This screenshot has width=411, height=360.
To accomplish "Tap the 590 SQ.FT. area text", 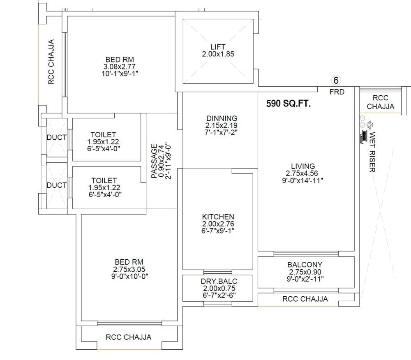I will [289, 103].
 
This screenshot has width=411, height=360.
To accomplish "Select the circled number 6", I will [336, 81].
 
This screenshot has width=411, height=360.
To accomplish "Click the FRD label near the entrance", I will [337, 92].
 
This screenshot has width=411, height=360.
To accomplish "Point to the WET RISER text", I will [372, 152].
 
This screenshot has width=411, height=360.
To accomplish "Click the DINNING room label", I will [222, 118].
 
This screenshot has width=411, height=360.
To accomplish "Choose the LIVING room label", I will [302, 166].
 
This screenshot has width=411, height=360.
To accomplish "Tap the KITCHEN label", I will [218, 217].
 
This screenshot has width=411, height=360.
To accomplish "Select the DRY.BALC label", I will [219, 281].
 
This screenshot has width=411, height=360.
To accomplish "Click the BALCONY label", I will [305, 265].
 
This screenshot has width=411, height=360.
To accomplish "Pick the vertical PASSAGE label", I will [154, 161].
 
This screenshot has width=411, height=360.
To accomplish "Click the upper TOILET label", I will [103, 134].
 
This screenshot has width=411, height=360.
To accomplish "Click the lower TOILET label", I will [104, 180].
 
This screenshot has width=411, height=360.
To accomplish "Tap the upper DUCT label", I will [57, 138].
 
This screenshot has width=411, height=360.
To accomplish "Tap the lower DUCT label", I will [57, 185].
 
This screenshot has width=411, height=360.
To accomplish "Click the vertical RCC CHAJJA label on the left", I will [51, 62].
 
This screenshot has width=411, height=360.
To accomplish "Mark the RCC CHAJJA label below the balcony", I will [305, 299].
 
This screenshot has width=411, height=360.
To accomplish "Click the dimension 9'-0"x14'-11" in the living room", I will [302, 180].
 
